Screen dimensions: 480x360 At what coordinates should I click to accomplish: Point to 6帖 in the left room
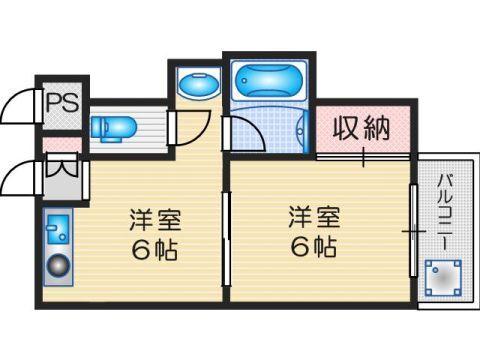[153, 250]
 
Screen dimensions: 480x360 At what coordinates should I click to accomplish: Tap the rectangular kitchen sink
[56, 229]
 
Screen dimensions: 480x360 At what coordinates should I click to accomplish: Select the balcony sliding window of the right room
[413, 232]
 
